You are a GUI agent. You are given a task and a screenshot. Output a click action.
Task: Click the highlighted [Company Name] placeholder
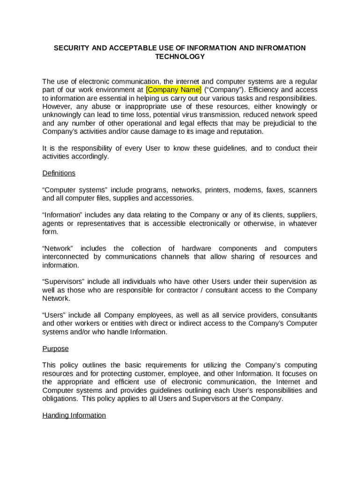(x=174, y=90)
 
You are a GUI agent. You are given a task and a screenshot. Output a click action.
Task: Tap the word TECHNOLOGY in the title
(x=180, y=57)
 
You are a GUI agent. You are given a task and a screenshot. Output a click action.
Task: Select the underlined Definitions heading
(x=59, y=173)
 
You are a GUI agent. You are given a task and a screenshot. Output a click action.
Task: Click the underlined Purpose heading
(x=56, y=348)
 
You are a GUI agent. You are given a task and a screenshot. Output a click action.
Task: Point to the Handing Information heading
(x=74, y=415)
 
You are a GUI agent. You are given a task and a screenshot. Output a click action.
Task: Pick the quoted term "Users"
(x=54, y=315)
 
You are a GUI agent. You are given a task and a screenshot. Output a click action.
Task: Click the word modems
(x=248, y=190)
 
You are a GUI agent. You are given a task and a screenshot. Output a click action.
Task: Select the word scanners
(x=302, y=190)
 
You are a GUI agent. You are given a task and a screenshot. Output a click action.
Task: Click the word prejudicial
(x=282, y=123)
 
